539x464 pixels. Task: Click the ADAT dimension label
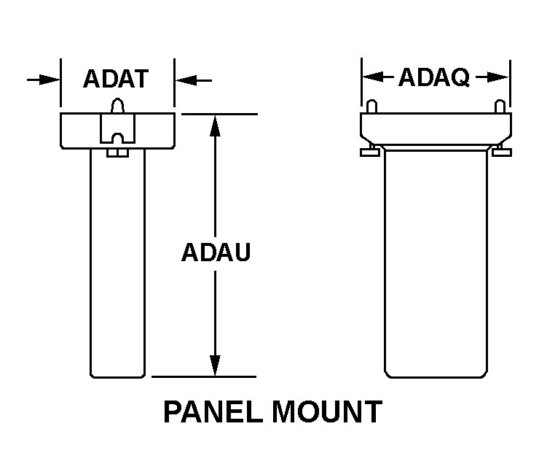pyautogui.click(x=116, y=79)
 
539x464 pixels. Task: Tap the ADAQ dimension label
pyautogui.click(x=433, y=77)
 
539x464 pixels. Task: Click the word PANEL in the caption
pyautogui.click(x=213, y=412)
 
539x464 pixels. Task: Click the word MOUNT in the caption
pyautogui.click(x=326, y=412)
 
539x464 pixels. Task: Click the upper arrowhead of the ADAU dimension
pyautogui.click(x=215, y=125)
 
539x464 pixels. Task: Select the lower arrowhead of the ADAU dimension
pyautogui.click(x=215, y=366)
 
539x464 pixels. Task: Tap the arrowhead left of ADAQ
pyautogui.click(x=373, y=77)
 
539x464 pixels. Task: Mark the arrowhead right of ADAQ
pyautogui.click(x=497, y=77)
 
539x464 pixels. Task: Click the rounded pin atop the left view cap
pyautogui.click(x=117, y=107)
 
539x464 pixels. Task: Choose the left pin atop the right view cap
pyautogui.click(x=371, y=107)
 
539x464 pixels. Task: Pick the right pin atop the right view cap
pyautogui.click(x=499, y=107)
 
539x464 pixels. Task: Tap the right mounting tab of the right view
pyautogui.click(x=501, y=152)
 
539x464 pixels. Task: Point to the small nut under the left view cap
pyautogui.click(x=117, y=152)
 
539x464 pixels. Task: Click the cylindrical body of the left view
pyautogui.click(x=117, y=263)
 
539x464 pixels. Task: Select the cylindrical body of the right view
pyautogui.click(x=436, y=263)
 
